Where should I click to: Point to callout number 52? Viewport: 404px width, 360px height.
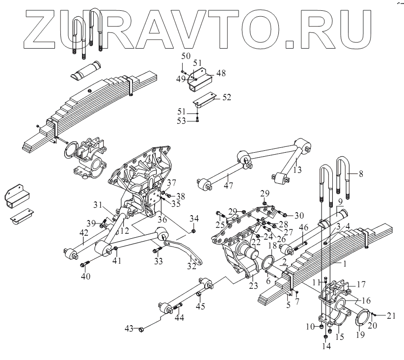226,97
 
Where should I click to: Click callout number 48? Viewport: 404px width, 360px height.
221,73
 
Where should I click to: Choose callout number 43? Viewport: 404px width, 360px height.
129,328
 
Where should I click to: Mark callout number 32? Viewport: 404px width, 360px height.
191,267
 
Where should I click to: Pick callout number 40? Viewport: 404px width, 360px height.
85,276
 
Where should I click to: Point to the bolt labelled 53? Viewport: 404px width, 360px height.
197,119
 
